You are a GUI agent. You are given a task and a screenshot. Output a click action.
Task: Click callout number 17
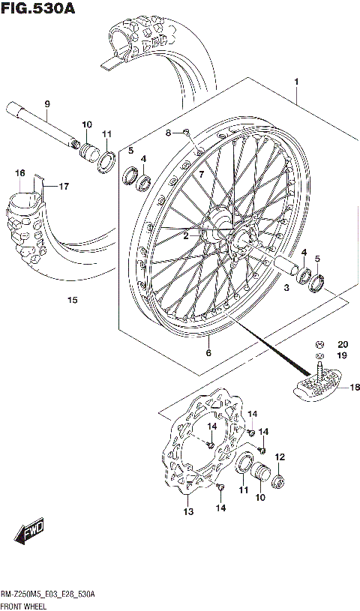click(64, 186)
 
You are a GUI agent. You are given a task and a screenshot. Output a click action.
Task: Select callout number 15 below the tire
click(71, 301)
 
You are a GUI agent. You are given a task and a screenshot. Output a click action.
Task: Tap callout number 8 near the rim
click(169, 133)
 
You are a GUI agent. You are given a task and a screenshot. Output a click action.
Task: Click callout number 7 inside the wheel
click(200, 174)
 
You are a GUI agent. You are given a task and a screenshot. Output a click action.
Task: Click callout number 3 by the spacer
click(286, 288)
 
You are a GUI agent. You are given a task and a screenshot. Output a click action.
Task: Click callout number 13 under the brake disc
click(187, 512)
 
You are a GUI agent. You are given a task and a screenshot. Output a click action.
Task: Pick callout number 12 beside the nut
click(280, 457)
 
